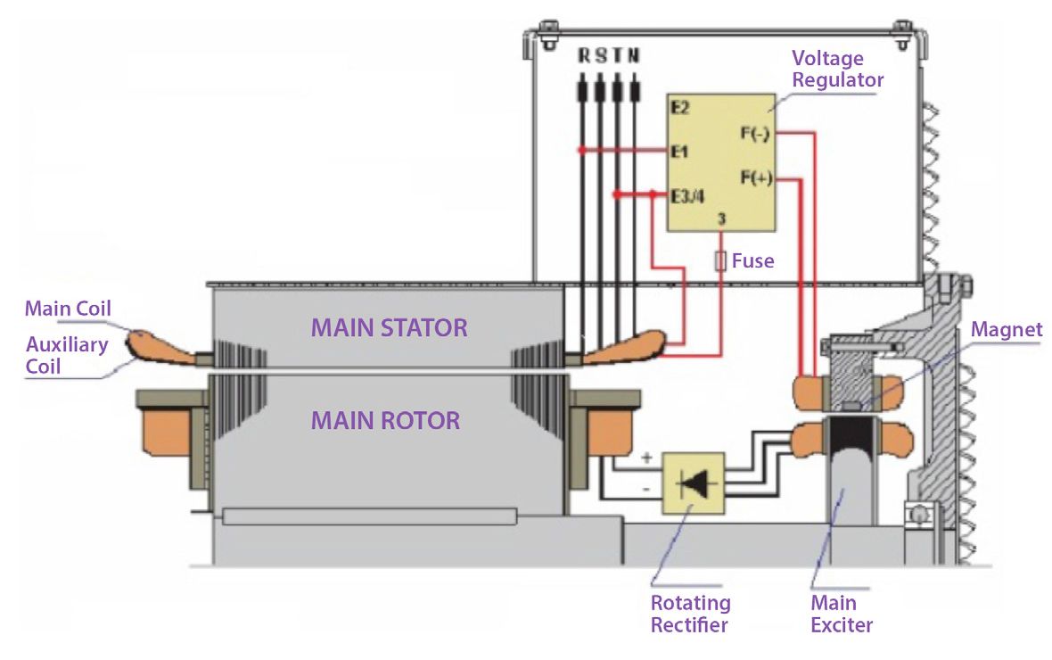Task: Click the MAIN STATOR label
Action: coord(389,327)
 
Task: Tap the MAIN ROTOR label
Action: coord(385,420)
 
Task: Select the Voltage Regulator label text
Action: coord(837,70)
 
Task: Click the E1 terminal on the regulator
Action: coord(680,152)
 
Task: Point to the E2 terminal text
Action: coord(680,108)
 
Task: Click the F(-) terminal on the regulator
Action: coord(755,134)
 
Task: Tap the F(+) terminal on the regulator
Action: coord(755,177)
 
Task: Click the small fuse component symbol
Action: coord(720,261)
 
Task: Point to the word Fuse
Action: coord(753,262)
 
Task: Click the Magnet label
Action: coord(1007,331)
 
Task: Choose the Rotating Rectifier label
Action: coord(690,614)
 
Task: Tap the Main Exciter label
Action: coord(841,614)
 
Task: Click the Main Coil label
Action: coord(67,309)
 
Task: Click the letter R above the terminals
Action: coord(584,56)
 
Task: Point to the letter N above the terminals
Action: coord(634,56)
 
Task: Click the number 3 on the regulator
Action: coord(720,218)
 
